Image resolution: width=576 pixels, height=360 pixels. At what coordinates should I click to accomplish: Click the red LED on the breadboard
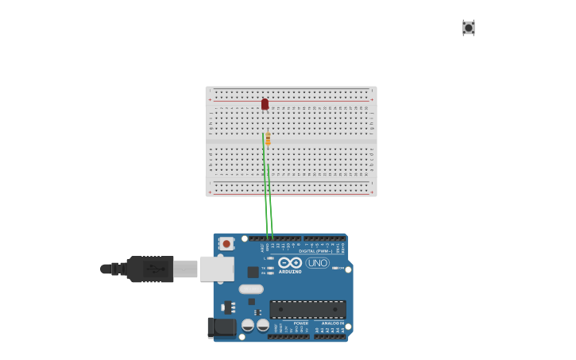(265, 104)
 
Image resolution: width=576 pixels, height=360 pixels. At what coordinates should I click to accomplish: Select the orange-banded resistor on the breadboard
(268, 139)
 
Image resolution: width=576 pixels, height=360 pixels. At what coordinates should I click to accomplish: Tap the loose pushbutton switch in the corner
(469, 28)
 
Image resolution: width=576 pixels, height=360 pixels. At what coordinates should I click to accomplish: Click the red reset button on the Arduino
(226, 244)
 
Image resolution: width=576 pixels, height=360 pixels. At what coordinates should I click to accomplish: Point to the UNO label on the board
(318, 263)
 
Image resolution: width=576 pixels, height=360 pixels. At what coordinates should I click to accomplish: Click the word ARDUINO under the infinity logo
(290, 272)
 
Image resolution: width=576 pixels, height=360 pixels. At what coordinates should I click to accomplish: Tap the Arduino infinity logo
(290, 263)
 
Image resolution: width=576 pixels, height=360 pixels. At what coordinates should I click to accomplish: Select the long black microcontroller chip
(307, 309)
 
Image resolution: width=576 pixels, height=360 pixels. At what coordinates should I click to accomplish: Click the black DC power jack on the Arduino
(222, 327)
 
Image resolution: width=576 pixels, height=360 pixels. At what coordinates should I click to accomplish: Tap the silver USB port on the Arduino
(216, 269)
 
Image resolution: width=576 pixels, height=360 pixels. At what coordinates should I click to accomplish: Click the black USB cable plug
(150, 269)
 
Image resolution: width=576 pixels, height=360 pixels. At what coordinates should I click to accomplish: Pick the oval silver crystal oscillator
(251, 289)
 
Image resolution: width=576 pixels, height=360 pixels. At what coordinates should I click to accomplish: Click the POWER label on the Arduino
(301, 323)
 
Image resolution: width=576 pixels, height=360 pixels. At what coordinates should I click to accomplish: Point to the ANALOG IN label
(333, 323)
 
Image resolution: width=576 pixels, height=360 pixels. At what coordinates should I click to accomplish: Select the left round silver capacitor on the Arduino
(249, 324)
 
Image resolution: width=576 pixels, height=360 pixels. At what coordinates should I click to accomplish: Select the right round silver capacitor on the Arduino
(263, 324)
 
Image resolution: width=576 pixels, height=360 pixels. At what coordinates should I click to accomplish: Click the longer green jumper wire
(265, 183)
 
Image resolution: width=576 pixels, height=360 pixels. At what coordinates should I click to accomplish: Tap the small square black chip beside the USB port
(253, 272)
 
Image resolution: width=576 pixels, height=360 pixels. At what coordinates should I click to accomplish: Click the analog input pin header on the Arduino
(329, 336)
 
